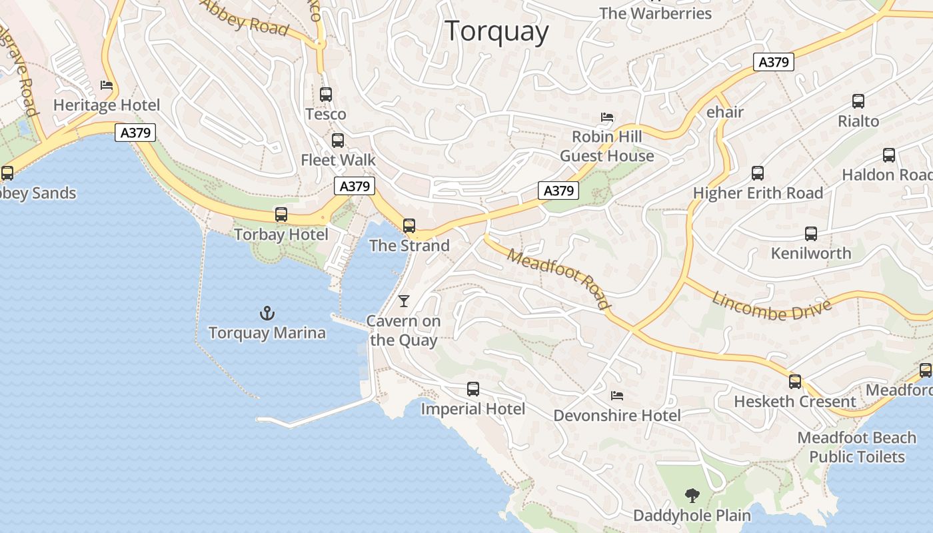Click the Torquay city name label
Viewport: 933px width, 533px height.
496,31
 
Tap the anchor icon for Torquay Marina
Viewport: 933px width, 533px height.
267,312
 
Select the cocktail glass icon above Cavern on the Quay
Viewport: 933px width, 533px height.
403,301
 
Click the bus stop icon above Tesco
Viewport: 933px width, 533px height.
326,95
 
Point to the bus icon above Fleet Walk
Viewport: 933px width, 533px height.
338,141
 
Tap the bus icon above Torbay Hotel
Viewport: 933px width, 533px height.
281,215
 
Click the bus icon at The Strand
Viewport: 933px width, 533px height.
409,226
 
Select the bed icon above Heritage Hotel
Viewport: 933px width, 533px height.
107,85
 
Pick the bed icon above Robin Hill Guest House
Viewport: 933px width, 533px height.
606,117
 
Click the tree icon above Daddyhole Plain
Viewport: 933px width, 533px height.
692,495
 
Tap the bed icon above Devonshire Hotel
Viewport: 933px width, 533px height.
617,396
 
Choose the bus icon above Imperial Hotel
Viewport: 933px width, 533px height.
473,389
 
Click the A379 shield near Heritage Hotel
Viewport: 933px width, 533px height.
135,133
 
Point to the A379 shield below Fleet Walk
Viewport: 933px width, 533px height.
355,186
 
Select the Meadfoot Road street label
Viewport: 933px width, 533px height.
558,278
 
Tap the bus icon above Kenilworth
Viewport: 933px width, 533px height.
810,234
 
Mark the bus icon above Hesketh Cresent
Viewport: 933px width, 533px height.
795,382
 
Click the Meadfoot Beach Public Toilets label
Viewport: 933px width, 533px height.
857,447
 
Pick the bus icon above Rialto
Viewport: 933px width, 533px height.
858,101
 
